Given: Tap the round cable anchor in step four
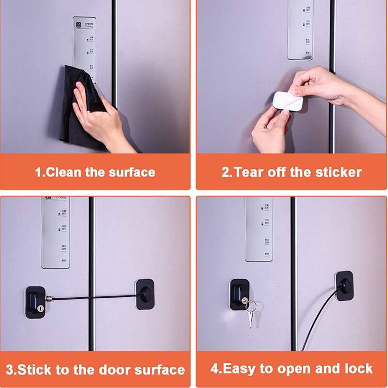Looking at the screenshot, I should pos(345,285).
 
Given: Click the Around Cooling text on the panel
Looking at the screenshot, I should pos(89,24).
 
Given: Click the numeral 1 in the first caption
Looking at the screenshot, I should pos(38,172).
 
